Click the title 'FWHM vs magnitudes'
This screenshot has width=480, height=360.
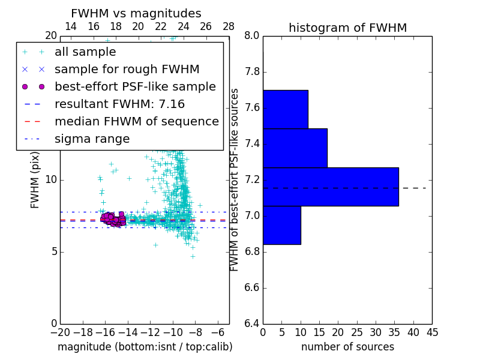136,14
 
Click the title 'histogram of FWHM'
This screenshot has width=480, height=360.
347,28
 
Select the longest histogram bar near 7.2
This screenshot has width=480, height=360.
331,187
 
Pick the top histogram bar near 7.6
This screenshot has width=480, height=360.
285,109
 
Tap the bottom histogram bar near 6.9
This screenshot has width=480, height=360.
281,225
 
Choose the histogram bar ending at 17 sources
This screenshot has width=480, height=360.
295,148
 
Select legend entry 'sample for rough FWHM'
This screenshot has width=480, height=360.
127,69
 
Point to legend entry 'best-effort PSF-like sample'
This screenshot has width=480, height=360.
135,86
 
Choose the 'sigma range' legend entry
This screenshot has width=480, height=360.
92,139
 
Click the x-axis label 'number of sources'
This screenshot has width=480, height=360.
347,347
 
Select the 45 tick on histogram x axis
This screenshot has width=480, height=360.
431,332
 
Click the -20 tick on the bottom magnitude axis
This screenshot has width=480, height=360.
59,332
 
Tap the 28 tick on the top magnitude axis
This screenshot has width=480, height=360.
229,26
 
